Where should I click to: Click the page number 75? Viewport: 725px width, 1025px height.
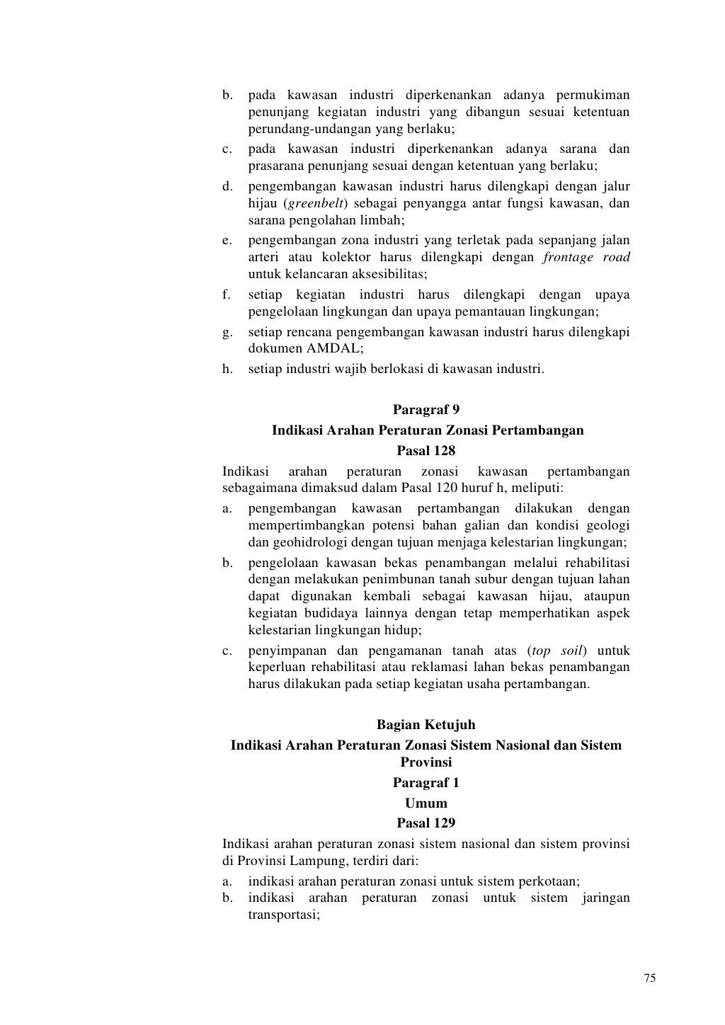click(x=650, y=978)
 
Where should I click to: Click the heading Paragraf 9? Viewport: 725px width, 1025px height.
click(x=426, y=409)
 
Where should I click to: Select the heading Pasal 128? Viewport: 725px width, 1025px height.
click(x=426, y=450)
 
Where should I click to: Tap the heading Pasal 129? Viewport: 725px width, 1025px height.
click(x=426, y=823)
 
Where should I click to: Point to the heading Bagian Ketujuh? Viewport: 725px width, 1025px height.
click(x=426, y=725)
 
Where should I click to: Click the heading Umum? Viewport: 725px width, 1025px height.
click(x=426, y=803)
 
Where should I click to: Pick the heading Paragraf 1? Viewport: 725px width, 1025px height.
click(x=426, y=783)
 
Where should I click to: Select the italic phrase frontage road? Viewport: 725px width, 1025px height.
click(x=586, y=258)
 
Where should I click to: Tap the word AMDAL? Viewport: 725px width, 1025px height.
click(x=333, y=349)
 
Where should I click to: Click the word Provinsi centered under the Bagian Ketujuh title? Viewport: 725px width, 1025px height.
click(x=426, y=762)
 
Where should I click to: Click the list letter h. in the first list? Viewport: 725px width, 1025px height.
click(x=227, y=369)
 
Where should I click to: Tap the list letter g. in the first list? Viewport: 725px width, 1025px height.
click(x=227, y=332)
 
